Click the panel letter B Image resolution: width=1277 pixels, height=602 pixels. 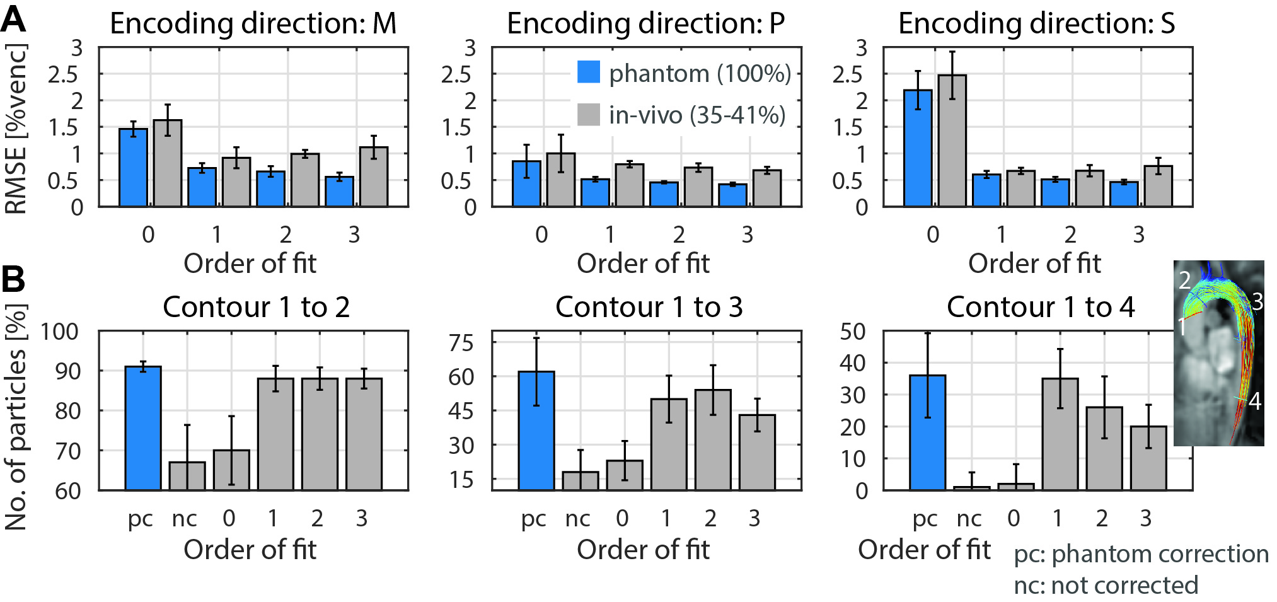(14, 279)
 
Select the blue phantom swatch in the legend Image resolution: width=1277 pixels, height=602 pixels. (588, 72)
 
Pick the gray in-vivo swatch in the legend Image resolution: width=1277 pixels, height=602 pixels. (588, 114)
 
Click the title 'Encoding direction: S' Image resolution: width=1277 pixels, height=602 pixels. (1036, 24)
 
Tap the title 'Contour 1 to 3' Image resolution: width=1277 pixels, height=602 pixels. (649, 308)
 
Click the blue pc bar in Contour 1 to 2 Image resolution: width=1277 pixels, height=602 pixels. (143, 428)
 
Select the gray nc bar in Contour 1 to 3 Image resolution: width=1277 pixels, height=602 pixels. (580, 480)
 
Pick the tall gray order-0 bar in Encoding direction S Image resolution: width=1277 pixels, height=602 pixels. (952, 141)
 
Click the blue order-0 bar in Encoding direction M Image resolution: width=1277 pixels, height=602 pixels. (133, 168)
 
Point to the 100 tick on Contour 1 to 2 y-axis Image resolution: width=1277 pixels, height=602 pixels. (60, 332)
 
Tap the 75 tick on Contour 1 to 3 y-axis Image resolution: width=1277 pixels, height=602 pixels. (461, 343)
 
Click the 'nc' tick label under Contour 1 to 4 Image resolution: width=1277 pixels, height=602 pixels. (969, 518)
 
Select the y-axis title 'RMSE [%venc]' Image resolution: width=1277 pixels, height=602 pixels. (16, 129)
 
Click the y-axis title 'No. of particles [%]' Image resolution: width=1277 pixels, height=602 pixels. (16, 416)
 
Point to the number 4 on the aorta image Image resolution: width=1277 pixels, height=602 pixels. (1254, 401)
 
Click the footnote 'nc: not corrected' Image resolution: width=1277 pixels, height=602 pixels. (1106, 586)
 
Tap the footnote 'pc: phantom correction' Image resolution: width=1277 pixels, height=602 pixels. (1141, 554)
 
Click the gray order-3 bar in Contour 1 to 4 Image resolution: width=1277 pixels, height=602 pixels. (1148, 458)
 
